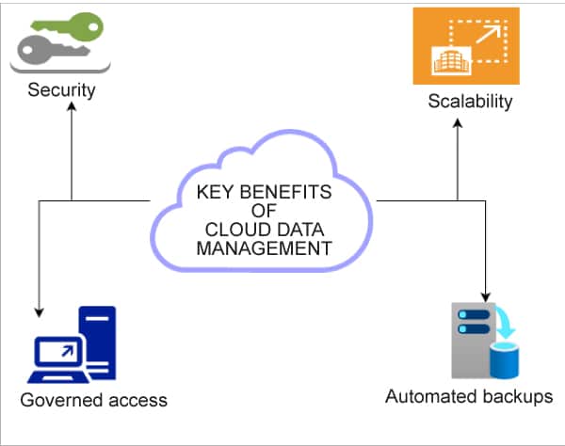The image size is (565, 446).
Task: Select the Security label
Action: [x=62, y=91]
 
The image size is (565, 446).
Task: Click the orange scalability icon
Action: [x=466, y=45]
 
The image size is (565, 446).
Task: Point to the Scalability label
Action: [x=470, y=101]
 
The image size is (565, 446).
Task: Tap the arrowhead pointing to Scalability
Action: [x=458, y=120]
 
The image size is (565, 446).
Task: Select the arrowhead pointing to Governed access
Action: [x=39, y=312]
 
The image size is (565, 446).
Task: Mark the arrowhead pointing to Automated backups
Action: [x=485, y=293]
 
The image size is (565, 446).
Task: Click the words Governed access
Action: [x=93, y=400]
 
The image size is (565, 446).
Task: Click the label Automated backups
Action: [x=468, y=396]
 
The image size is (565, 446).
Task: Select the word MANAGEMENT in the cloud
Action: [x=264, y=248]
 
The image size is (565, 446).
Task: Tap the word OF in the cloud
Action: [x=264, y=212]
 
